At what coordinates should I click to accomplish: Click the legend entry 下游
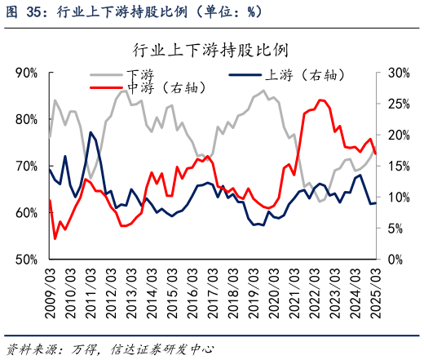pyautogui.click(x=140, y=73)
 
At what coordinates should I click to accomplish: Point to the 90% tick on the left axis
pyautogui.click(x=27, y=73)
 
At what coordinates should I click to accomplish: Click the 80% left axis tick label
pyautogui.click(x=27, y=119)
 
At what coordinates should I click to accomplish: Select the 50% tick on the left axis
pyautogui.click(x=27, y=260)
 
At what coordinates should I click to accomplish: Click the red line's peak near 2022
pyautogui.click(x=320, y=100)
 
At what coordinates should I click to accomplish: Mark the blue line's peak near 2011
pyautogui.click(x=91, y=132)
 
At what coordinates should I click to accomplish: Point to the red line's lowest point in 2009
pyautogui.click(x=55, y=238)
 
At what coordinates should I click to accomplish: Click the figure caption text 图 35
pyautogui.click(x=23, y=11)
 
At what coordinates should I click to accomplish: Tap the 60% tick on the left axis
pyautogui.click(x=27, y=213)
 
